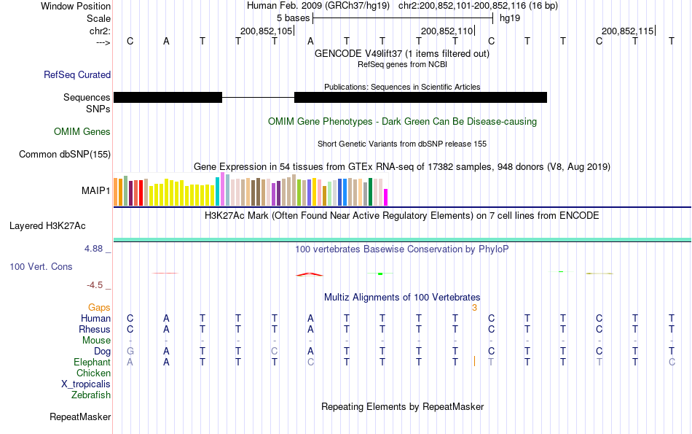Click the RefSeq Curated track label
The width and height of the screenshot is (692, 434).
77,74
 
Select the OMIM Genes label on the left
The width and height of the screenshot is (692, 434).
82,132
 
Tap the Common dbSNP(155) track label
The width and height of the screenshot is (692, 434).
65,154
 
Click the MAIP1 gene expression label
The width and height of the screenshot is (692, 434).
96,191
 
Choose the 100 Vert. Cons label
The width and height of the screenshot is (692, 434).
41,267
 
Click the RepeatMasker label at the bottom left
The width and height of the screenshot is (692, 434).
80,417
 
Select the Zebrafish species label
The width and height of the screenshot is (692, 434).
91,395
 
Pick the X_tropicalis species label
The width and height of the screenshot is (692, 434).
86,384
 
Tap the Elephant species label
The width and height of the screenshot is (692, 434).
92,363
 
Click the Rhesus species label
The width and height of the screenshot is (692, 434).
95,330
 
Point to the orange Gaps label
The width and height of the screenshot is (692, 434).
99,308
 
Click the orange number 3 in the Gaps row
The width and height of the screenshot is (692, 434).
474,308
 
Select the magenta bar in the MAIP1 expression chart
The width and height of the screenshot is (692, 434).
386,198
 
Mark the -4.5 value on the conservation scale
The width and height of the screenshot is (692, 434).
97,285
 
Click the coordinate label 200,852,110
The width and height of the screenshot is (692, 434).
447,31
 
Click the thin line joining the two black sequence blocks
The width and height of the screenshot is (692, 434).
258,97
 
